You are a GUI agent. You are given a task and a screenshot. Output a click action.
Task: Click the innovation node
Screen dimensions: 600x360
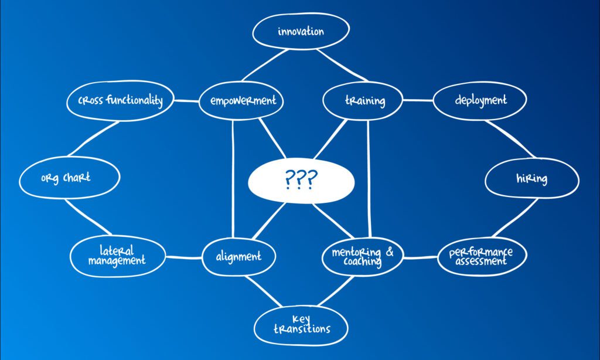tap(301, 31)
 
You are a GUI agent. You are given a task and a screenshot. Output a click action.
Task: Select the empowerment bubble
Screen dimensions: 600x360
tap(241, 100)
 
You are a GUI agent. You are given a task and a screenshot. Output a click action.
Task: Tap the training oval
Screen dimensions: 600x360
tap(363, 100)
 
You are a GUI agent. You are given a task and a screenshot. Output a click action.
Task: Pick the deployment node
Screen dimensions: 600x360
tap(480, 100)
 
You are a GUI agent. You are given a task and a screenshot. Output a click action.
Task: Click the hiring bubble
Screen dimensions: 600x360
tap(532, 178)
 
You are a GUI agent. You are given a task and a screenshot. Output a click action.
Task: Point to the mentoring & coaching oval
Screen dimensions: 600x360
tap(362, 256)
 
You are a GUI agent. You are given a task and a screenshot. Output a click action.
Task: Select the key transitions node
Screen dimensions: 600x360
tap(301, 325)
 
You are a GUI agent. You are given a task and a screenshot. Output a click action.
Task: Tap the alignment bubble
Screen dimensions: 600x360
tap(239, 256)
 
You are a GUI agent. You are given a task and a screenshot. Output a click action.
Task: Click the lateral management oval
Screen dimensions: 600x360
tap(118, 256)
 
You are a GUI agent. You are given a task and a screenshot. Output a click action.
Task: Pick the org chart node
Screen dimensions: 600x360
tap(69, 178)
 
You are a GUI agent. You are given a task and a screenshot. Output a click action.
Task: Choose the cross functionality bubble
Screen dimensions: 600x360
tap(120, 100)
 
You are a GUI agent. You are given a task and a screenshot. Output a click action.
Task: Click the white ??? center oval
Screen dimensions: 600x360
tap(301, 181)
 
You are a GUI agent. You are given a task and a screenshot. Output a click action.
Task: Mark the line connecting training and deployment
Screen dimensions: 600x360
tap(418, 100)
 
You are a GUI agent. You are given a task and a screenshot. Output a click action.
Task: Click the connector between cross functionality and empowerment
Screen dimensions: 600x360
tap(186, 101)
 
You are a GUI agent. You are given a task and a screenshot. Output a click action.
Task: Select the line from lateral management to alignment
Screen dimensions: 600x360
tap(183, 257)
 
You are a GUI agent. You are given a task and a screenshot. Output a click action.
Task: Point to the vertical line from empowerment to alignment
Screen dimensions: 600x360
tap(233, 179)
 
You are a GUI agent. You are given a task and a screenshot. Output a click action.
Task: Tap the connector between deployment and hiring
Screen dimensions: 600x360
tap(510, 138)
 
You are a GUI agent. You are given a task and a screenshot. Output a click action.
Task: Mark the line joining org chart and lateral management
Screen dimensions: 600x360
tap(88, 217)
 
